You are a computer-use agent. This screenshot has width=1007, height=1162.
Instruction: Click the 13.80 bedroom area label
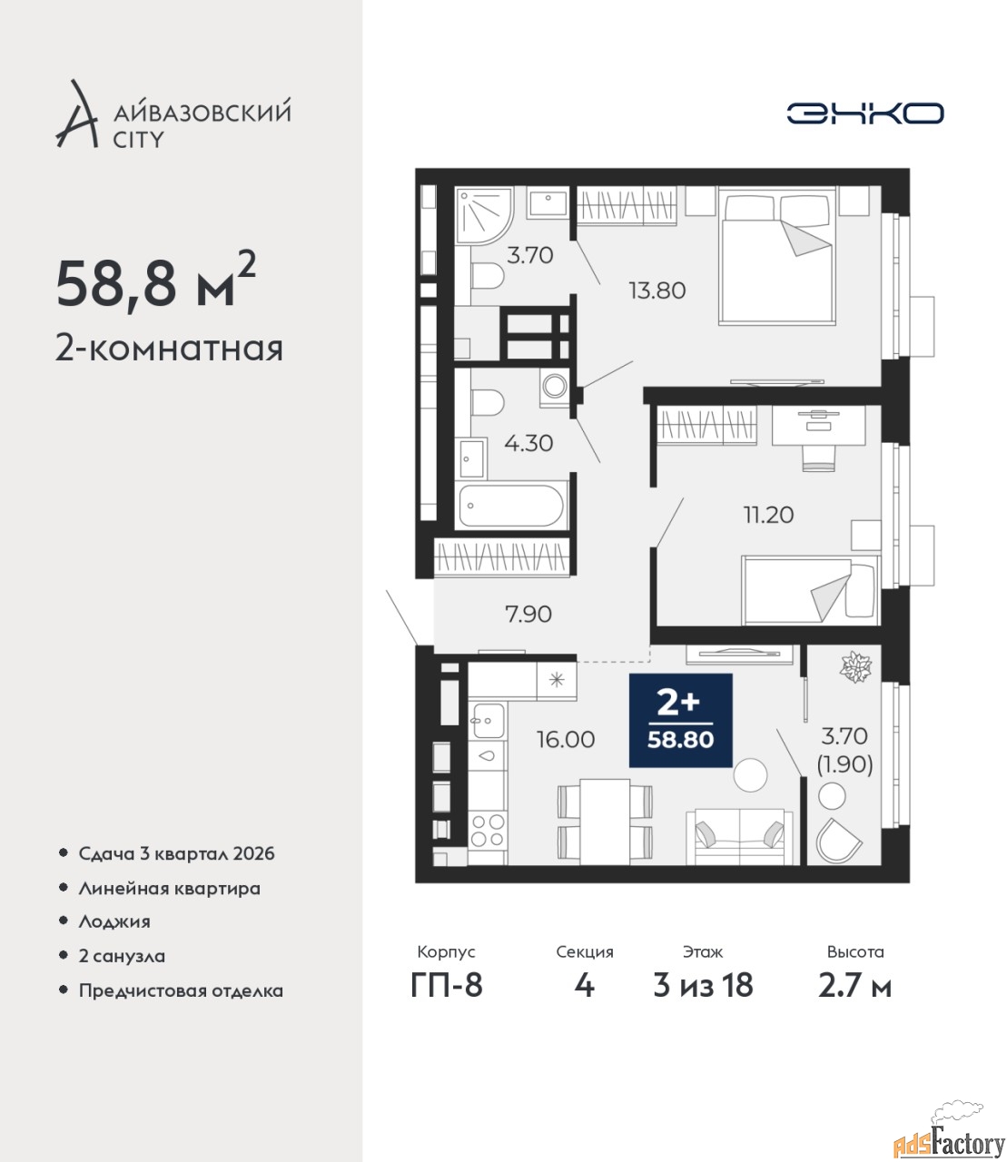point(657,290)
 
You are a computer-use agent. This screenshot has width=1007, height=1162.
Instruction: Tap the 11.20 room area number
point(768,515)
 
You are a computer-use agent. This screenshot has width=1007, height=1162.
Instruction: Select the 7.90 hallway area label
point(528,614)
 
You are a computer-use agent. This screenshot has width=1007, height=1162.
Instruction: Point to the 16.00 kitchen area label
point(565,739)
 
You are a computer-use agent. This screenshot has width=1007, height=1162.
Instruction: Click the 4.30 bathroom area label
point(528,443)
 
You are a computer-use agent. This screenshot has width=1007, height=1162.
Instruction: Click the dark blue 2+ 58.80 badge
point(680,720)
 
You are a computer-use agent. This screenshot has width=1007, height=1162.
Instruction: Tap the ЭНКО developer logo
point(864,113)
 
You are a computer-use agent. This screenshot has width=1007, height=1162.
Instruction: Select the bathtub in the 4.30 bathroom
point(511,506)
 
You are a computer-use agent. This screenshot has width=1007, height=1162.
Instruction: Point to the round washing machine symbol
point(556,387)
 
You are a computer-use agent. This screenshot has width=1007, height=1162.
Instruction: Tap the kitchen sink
point(488,721)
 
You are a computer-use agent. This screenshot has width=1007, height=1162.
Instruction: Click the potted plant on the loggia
point(855,666)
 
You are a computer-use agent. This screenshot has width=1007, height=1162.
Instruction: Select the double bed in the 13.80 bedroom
point(777,256)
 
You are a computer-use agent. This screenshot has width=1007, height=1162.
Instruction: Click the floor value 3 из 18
point(703,985)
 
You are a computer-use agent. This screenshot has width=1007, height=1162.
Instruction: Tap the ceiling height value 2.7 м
point(854,985)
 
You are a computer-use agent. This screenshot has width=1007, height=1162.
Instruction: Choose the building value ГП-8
point(447,985)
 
